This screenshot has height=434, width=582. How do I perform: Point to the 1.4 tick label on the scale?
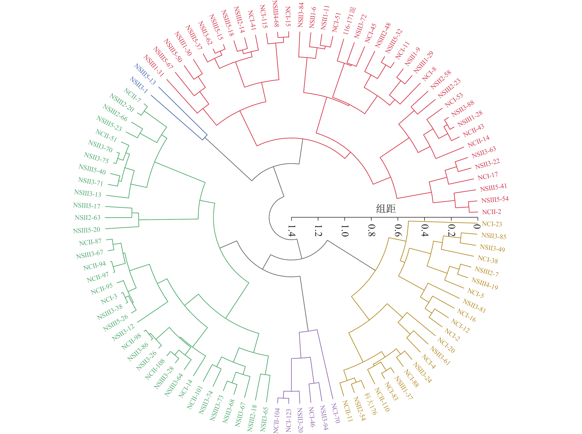click(x=291, y=231)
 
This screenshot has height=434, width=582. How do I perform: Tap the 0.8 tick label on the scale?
click(x=371, y=230)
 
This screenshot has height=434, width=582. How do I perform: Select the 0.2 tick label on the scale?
click(x=451, y=230)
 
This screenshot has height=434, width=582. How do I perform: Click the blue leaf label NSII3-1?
click(x=139, y=85)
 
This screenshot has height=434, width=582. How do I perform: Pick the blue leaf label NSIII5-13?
click(x=145, y=74)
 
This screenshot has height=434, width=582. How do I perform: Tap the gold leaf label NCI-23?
click(x=492, y=224)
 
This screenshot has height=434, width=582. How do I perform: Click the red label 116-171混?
click(x=349, y=21)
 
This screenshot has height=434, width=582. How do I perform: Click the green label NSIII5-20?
click(x=86, y=230)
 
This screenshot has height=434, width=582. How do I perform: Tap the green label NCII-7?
click(x=132, y=95)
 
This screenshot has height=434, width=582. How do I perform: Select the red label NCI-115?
click(x=263, y=16)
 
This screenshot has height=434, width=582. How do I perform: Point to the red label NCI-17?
click(x=488, y=176)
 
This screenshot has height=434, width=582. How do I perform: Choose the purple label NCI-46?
click(x=311, y=417)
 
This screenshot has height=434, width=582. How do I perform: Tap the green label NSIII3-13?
click(x=88, y=193)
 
